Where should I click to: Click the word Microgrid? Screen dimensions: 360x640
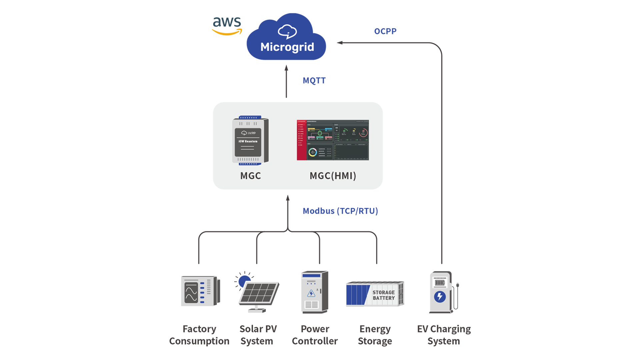tap(287, 47)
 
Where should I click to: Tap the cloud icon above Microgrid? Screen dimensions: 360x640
tap(287, 32)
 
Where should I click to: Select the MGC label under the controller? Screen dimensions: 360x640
tap(250, 176)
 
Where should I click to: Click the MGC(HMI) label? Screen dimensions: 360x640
tap(333, 176)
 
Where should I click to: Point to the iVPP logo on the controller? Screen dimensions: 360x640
tap(248, 133)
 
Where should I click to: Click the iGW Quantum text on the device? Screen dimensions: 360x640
tap(248, 141)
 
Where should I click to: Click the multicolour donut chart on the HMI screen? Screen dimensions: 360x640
tap(312, 152)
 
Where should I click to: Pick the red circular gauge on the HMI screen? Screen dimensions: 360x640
tap(363, 133)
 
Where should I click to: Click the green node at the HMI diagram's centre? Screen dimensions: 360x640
tap(320, 133)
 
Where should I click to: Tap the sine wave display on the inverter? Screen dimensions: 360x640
tap(191, 292)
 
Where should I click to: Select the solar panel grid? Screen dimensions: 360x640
tap(259, 293)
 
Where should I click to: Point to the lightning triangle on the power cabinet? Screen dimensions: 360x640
tap(311, 293)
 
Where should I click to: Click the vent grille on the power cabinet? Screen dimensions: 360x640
tap(311, 304)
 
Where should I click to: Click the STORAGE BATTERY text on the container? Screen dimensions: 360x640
tap(383, 295)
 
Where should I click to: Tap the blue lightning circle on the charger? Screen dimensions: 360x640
tap(440, 296)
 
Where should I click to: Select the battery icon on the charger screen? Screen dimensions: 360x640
tap(440, 283)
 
